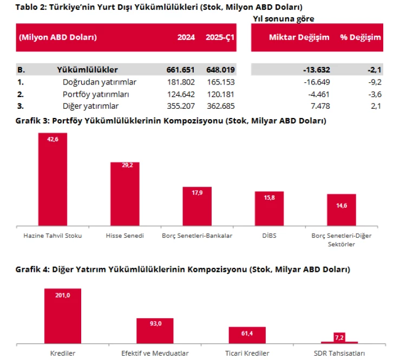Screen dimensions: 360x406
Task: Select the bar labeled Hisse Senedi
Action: point(125,194)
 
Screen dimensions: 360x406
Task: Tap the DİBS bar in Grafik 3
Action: point(269,208)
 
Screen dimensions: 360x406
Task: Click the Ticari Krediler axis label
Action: point(247,353)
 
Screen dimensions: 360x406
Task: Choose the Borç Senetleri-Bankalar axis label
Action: point(197,237)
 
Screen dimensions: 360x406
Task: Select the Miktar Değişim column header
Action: point(299,37)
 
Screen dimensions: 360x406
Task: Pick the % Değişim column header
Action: point(361,37)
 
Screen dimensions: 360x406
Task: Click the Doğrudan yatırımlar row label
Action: point(99,82)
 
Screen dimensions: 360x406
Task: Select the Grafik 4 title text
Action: point(182,269)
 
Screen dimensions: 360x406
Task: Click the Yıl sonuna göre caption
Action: point(284,18)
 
